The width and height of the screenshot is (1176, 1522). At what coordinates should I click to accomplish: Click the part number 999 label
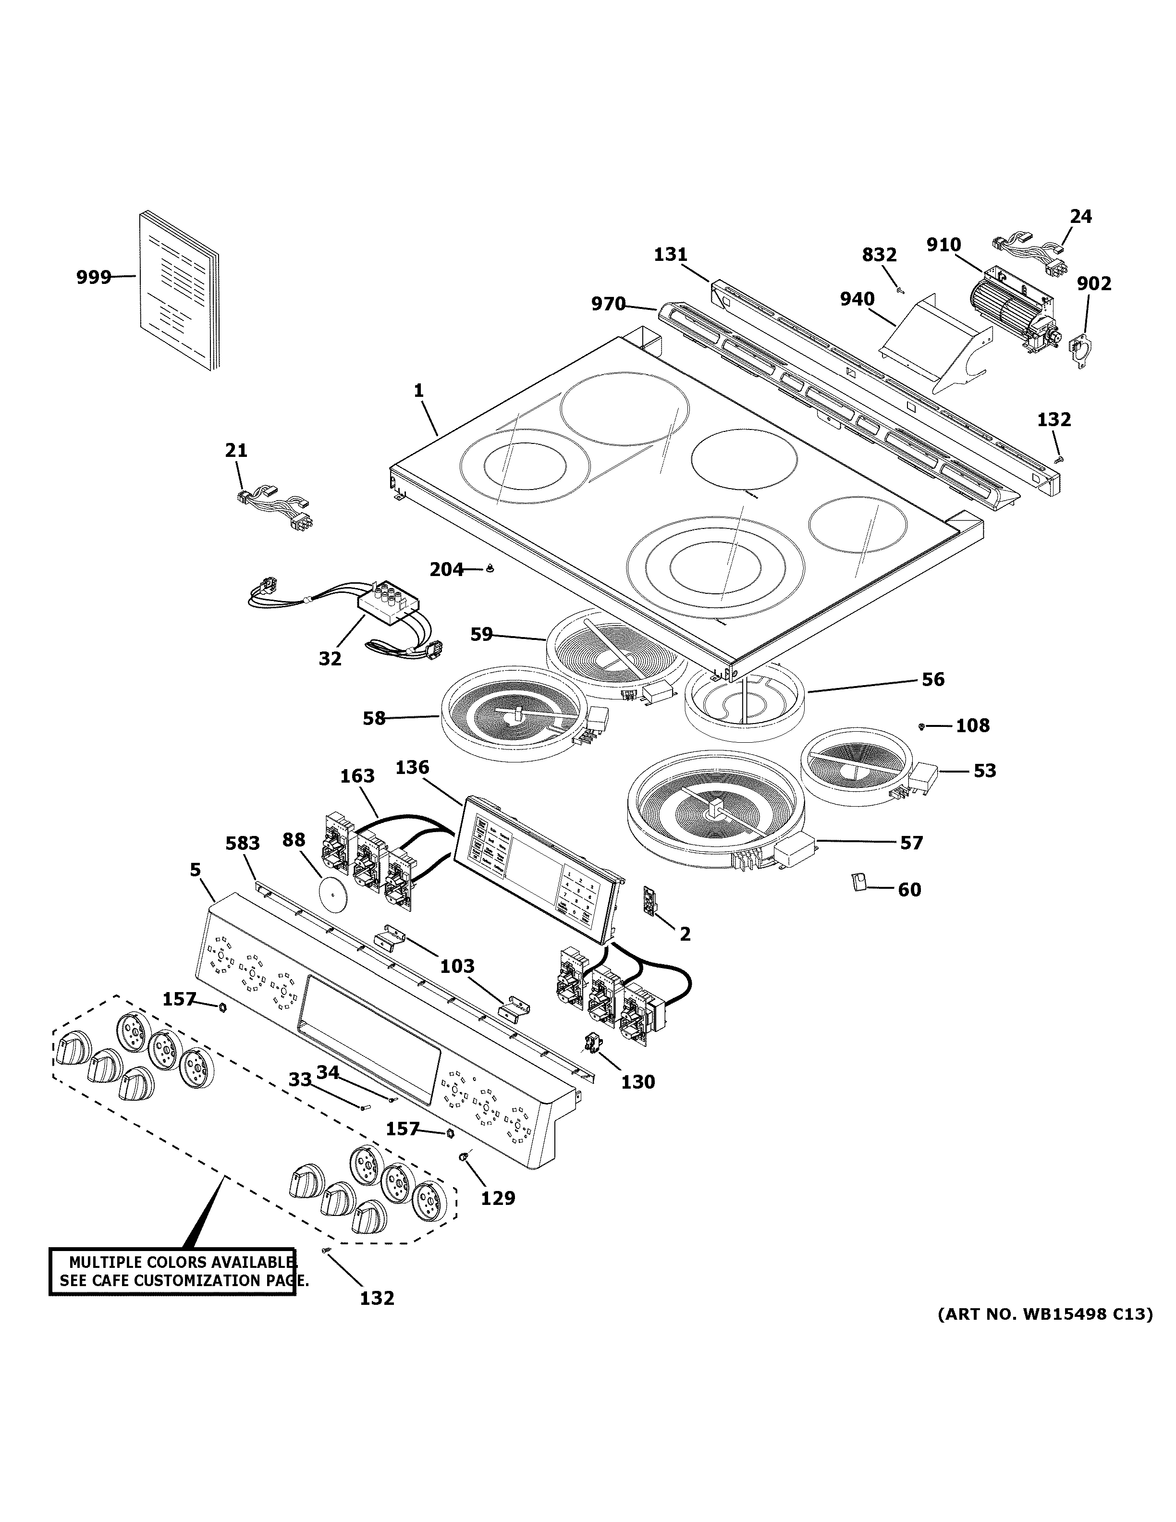click(x=93, y=277)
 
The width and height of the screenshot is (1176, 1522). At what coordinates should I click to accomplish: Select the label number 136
click(x=413, y=767)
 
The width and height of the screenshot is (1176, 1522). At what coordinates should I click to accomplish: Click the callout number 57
click(x=911, y=843)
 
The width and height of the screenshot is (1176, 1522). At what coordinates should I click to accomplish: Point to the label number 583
click(x=243, y=843)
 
